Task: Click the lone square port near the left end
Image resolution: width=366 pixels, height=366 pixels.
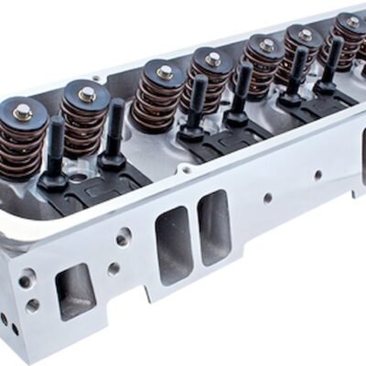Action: (x=75, y=291)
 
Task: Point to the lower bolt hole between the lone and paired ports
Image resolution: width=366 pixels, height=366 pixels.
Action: (x=113, y=269)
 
